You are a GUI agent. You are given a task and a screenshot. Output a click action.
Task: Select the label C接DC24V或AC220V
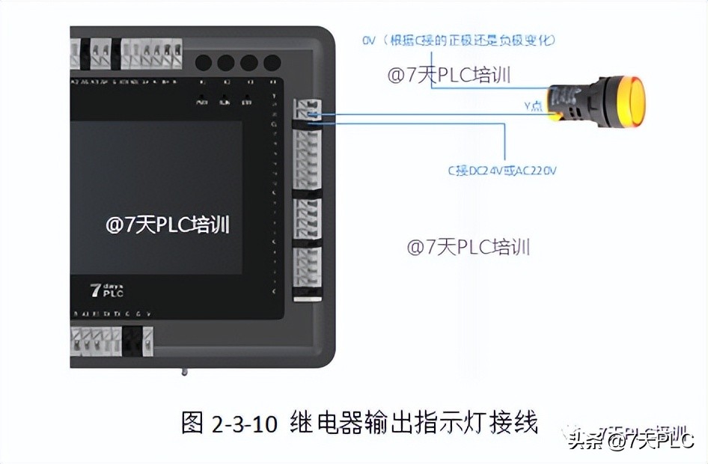502,170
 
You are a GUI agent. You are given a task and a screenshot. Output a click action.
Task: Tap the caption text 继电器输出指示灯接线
412,422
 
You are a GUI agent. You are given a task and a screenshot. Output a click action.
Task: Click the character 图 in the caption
193,423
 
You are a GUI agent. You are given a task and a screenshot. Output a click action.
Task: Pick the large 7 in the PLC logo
96,290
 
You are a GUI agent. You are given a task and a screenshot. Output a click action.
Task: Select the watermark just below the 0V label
454,74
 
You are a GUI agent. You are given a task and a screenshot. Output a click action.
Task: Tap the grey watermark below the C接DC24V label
469,246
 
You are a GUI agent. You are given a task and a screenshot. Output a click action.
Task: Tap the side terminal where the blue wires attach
308,112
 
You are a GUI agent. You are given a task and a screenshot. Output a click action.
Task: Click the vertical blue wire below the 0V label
432,71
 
